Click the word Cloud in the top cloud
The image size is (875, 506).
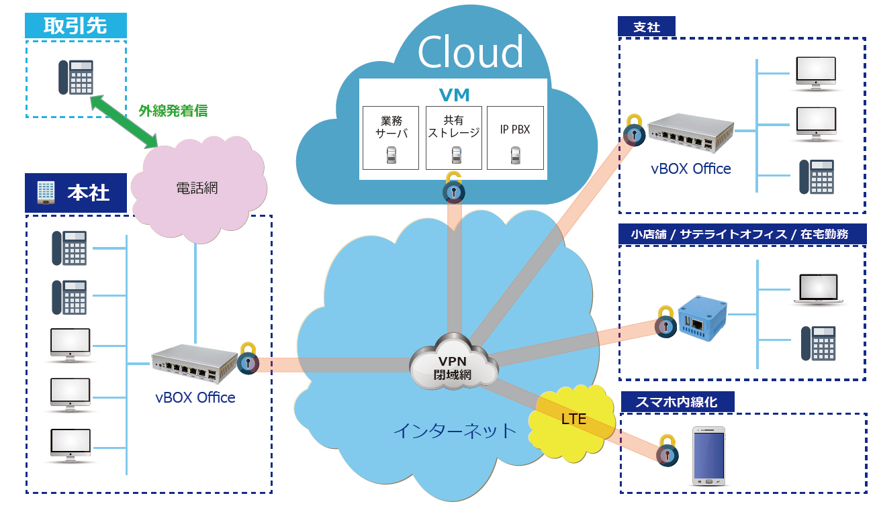tap(470, 51)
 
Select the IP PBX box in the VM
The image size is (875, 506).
tap(515, 137)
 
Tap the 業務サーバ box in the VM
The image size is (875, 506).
tap(390, 137)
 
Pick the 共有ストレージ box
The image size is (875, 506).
tap(454, 137)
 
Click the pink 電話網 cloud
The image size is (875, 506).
tap(196, 189)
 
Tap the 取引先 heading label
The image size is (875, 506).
tap(75, 26)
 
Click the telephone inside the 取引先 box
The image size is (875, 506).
tap(75, 77)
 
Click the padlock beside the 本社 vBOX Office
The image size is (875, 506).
tap(248, 359)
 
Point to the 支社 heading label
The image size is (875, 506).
tap(647, 27)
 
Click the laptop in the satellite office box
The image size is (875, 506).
tap(817, 290)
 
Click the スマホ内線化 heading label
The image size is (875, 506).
tap(677, 402)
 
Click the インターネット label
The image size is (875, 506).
tap(454, 430)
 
